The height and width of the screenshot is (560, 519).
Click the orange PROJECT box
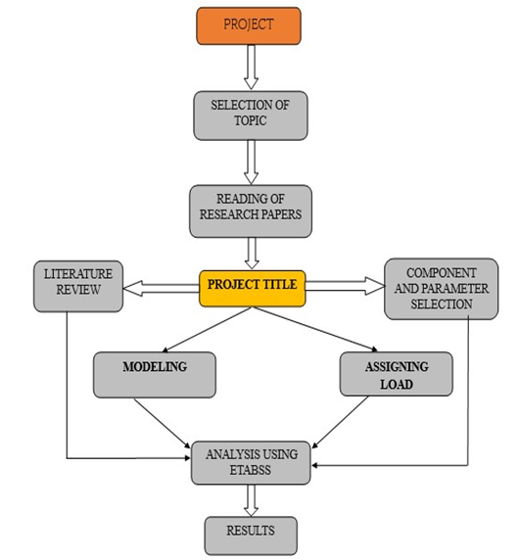click(249, 26)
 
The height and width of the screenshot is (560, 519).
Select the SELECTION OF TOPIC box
click(251, 116)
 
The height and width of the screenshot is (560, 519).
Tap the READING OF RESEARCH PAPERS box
click(251, 211)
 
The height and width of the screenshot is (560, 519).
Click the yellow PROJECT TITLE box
click(253, 289)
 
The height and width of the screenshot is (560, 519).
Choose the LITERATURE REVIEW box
click(78, 286)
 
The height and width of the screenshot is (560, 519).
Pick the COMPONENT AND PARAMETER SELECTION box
click(441, 289)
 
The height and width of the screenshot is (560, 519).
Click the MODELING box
click(155, 375)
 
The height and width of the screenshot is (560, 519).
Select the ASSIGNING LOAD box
click(397, 374)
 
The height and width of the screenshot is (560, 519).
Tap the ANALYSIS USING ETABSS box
click(251, 463)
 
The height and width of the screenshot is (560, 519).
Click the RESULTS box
click(251, 536)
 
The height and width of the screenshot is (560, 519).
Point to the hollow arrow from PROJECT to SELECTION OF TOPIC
click(251, 68)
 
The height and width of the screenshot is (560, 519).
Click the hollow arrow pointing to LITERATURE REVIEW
click(162, 289)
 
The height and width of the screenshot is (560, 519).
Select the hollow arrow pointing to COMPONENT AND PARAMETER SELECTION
click(346, 286)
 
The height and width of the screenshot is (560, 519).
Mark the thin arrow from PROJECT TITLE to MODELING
click(207, 330)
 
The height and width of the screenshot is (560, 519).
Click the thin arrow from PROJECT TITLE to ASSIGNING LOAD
click(315, 329)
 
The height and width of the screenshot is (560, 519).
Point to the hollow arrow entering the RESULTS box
click(251, 500)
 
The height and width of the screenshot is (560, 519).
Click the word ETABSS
click(251, 470)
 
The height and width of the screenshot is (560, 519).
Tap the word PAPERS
click(281, 214)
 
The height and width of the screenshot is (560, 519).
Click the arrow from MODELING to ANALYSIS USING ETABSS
click(163, 423)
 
